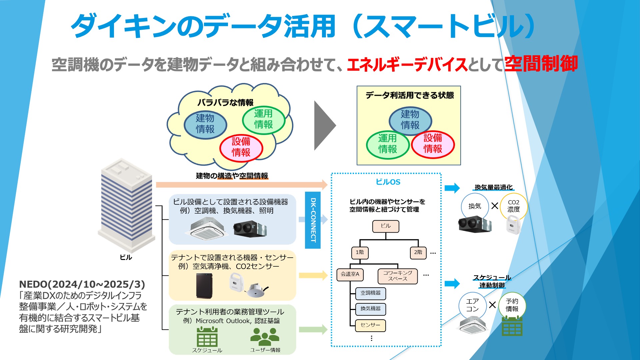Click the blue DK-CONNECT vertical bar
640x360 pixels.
click(313, 220)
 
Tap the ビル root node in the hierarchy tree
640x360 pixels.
click(386, 226)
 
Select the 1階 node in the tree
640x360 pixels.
click(360, 253)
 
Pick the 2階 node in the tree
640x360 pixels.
click(418, 253)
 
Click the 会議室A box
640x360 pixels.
click(350, 275)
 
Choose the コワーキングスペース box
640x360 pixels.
click(398, 276)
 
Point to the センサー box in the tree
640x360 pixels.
click(370, 325)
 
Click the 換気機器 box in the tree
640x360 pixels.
click(370, 309)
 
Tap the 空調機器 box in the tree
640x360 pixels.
click(370, 293)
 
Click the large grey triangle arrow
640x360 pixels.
click(324, 126)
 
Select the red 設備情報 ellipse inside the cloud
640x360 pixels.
click(241, 147)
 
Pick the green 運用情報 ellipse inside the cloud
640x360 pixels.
click(263, 119)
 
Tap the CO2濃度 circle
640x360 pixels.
click(513, 206)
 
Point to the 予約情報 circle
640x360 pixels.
click(512, 305)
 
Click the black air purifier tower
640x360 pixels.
click(204, 286)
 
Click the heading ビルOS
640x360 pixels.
click(388, 182)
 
